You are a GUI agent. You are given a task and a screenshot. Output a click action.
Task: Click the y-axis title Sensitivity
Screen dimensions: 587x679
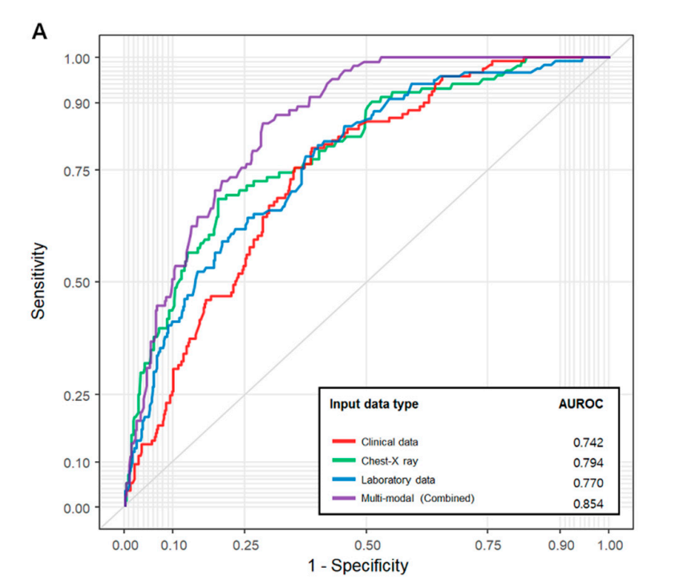point(38,281)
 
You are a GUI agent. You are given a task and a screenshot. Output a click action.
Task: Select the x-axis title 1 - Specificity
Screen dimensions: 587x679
point(358,565)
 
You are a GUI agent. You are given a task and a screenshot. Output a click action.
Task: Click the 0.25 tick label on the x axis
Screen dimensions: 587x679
point(245,545)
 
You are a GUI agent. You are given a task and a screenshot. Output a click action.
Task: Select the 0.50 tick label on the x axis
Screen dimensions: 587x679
point(366,545)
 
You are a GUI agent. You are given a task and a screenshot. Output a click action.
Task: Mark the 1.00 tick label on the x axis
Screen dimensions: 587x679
point(609,545)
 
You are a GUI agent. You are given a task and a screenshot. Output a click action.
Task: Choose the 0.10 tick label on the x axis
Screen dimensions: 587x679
point(173,545)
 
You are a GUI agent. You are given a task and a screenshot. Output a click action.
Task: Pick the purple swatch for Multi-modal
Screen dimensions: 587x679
point(343,499)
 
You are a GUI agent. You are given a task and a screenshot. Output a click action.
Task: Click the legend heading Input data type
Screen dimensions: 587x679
point(374,404)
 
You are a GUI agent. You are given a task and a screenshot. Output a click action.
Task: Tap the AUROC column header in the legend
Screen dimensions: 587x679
point(581,404)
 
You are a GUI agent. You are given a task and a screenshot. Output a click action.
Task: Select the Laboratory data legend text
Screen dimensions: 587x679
point(398,480)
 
